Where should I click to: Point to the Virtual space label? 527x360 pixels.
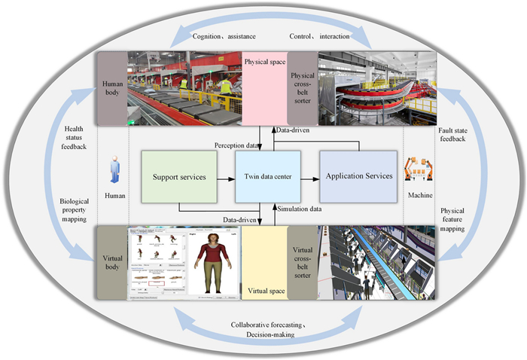pos(263,289)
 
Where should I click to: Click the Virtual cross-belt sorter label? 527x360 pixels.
pos(302,263)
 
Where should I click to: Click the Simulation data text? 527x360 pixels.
pos(300,208)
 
